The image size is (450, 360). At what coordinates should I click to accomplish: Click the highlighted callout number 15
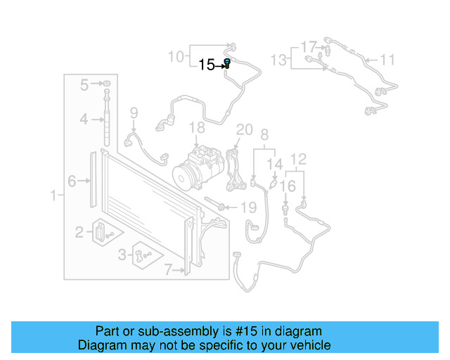[207, 65]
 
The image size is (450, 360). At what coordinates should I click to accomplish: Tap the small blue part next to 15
[228, 64]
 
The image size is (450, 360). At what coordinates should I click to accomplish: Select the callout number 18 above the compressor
[197, 127]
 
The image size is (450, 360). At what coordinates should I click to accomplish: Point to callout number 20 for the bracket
[244, 129]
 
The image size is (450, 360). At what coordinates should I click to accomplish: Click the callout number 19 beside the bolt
[249, 207]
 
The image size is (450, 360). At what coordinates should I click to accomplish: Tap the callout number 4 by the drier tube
[83, 120]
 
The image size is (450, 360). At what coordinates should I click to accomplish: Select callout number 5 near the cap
[84, 85]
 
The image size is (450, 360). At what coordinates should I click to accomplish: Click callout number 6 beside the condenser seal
[72, 181]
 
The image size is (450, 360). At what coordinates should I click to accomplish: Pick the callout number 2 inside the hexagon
[79, 231]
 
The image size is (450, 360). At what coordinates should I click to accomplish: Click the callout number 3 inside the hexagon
[122, 254]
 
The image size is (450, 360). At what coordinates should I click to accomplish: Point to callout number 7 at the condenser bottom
[168, 268]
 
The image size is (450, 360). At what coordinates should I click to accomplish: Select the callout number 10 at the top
[176, 56]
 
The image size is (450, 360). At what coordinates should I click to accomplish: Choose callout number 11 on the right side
[388, 59]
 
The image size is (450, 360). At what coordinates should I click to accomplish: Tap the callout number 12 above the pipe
[299, 159]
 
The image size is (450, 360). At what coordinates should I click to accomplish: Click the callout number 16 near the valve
[288, 186]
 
